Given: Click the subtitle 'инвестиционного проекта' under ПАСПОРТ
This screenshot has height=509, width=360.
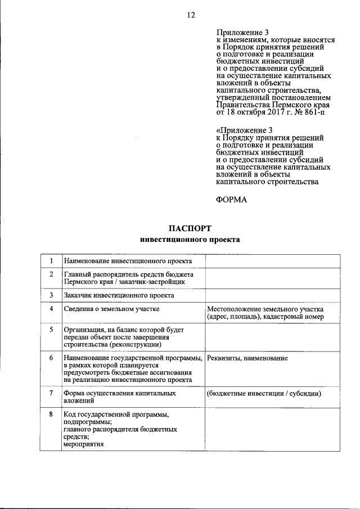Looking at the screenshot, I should (190, 240).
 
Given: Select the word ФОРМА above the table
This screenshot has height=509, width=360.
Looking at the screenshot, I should (231, 200).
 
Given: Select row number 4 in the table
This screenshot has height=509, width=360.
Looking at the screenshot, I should (51, 309).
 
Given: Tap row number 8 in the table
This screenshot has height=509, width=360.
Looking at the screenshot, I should (51, 414).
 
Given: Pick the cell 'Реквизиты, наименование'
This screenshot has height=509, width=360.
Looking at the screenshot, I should (247, 358).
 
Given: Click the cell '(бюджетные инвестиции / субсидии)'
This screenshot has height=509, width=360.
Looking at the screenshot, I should (264, 393).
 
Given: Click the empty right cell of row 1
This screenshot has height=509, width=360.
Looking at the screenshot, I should (272, 262).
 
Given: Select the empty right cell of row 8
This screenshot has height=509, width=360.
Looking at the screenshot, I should (272, 430).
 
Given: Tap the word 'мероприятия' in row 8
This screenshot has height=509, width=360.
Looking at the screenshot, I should (84, 444).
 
